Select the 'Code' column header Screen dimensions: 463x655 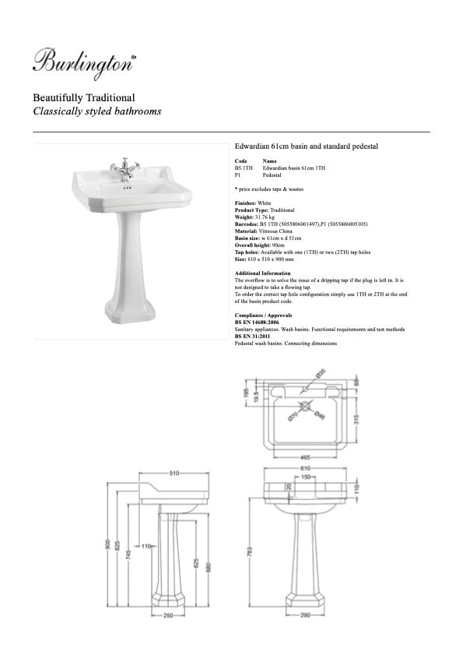pos(240,161)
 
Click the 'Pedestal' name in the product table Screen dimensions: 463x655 pos(273,177)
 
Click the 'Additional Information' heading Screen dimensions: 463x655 pos(262,273)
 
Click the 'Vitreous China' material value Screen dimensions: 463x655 pos(275,231)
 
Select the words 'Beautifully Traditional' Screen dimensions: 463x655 pos(84,98)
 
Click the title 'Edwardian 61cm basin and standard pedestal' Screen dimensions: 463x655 pos(306,146)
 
